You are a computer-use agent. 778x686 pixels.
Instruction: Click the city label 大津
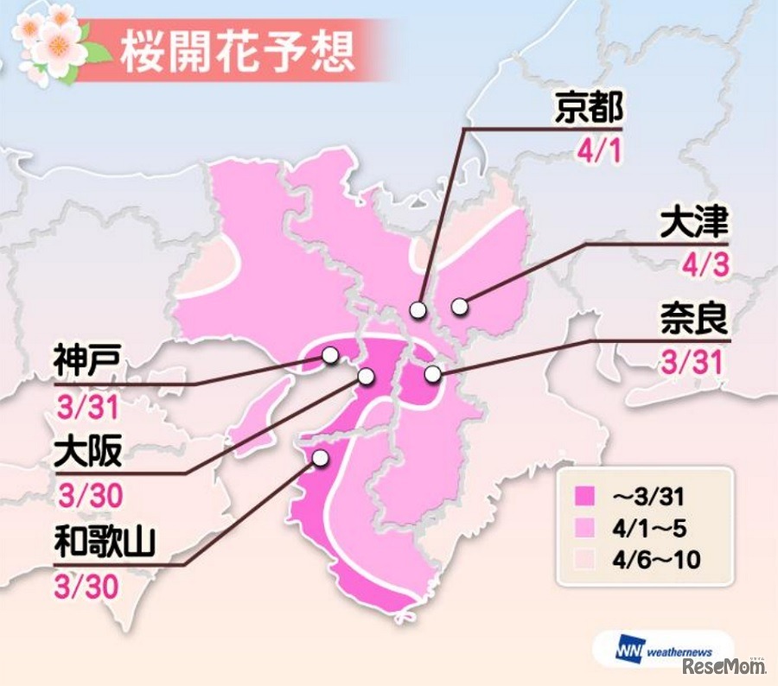pos(693,223)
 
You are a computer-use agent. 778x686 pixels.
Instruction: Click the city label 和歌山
pos(103,544)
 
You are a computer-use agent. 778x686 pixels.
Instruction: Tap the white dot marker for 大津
pos(459,305)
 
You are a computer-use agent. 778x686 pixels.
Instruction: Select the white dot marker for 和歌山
pos(321,458)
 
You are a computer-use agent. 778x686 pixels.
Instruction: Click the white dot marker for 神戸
pos(329,355)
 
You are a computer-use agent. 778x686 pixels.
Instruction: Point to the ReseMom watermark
pos(724,666)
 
